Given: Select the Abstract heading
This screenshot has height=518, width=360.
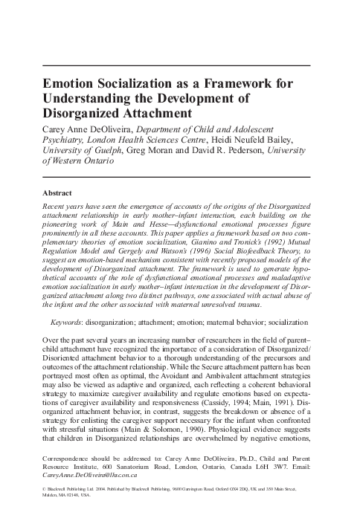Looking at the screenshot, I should pos(62,192).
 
